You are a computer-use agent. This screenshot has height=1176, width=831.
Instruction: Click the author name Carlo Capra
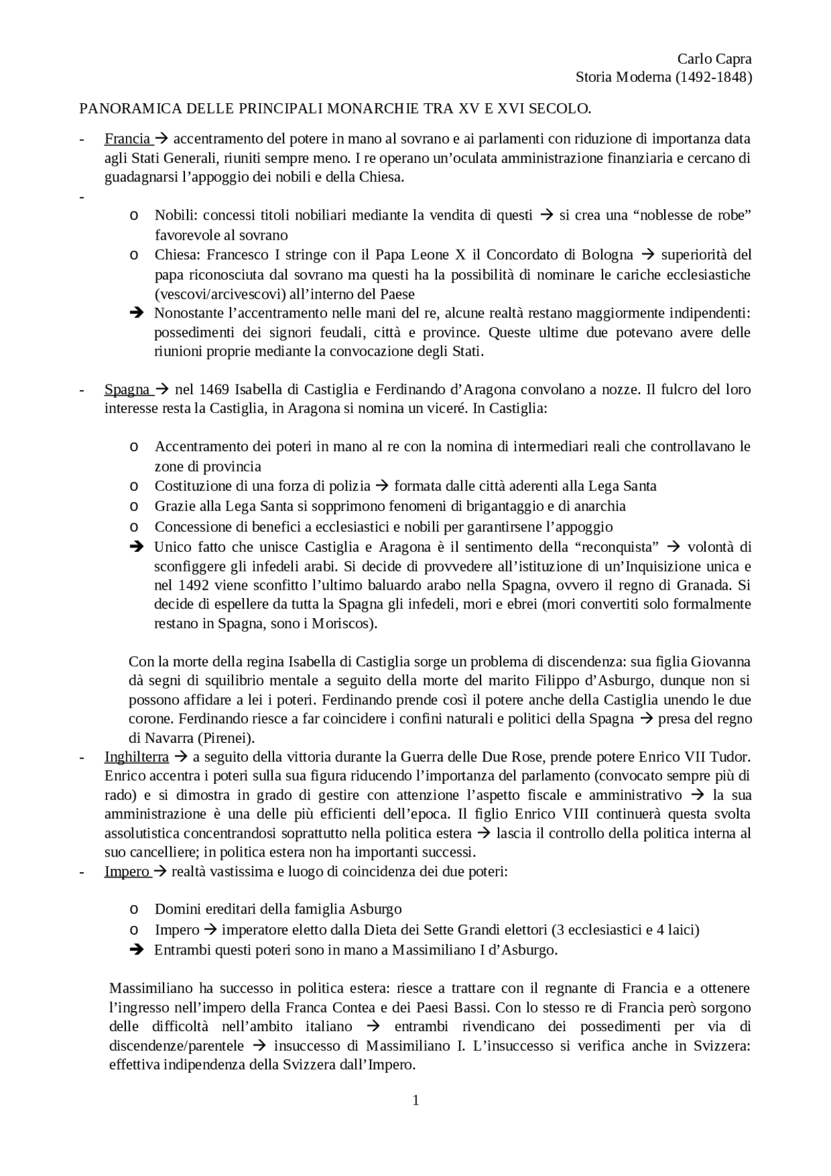tap(714, 58)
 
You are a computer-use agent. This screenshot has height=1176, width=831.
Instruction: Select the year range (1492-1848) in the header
tap(713, 77)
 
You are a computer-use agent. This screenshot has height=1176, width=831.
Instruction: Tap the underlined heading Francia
tap(127, 138)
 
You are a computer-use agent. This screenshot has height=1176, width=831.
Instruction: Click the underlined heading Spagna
tap(127, 390)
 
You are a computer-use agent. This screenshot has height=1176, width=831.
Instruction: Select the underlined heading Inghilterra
tap(136, 757)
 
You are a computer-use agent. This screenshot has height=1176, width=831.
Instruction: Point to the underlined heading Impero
tap(127, 871)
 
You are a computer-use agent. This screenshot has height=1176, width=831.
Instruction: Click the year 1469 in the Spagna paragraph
tap(214, 390)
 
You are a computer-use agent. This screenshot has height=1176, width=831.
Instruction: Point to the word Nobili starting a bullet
tap(173, 215)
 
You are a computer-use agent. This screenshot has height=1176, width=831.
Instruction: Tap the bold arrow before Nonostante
tap(136, 314)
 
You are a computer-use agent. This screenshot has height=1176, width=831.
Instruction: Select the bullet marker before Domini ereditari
tap(133, 910)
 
